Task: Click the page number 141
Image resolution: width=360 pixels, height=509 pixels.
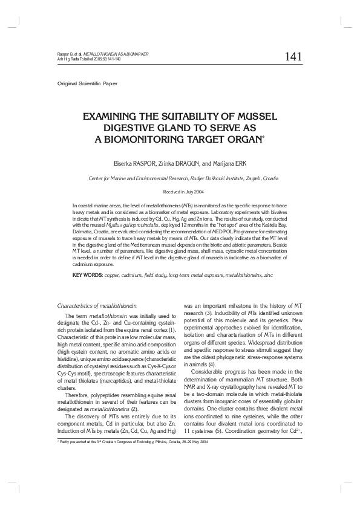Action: [293, 56]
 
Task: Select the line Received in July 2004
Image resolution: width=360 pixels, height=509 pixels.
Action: [180, 191]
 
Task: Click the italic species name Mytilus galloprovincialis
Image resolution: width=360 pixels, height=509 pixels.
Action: [139, 224]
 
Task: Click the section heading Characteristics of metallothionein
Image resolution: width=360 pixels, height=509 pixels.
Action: [97, 306]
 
